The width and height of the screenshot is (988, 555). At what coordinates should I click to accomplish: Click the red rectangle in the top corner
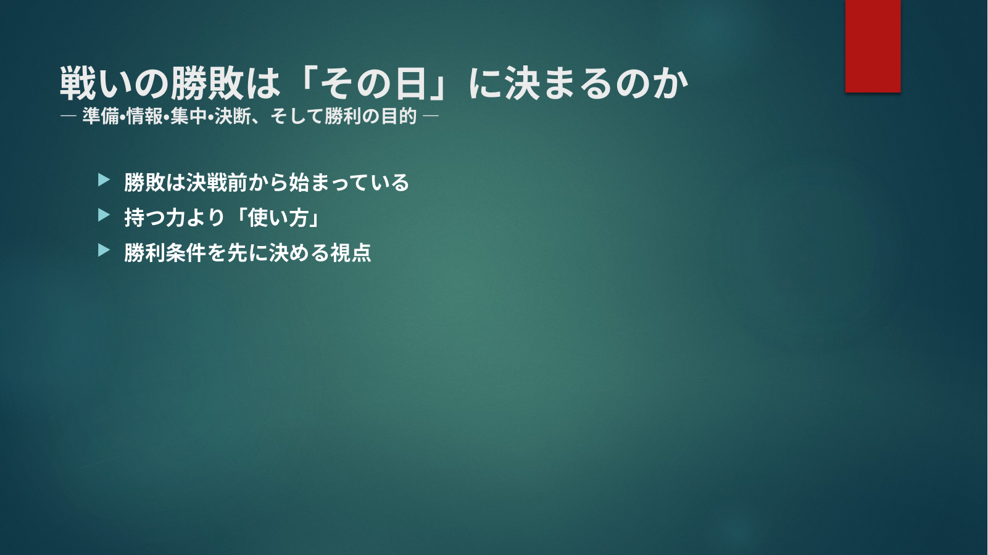(873, 46)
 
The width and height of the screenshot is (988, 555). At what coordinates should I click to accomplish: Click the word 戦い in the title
(96, 83)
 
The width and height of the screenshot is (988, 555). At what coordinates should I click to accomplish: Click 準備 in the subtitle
(100, 117)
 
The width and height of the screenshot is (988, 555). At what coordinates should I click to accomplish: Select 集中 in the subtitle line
(188, 117)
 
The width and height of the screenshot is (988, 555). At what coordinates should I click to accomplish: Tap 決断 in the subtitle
(233, 117)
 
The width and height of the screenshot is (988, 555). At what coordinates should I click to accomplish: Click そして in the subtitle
(297, 117)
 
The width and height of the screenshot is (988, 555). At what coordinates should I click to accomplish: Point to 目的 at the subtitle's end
(399, 117)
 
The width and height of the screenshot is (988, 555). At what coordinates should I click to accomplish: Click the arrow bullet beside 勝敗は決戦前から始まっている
(104, 180)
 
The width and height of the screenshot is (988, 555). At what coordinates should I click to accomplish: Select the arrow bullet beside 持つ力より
(104, 215)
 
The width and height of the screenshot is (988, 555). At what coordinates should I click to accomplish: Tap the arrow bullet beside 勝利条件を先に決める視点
(104, 250)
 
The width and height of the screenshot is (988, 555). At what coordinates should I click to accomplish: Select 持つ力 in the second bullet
(154, 218)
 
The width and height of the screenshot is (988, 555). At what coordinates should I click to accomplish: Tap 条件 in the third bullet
(185, 253)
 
